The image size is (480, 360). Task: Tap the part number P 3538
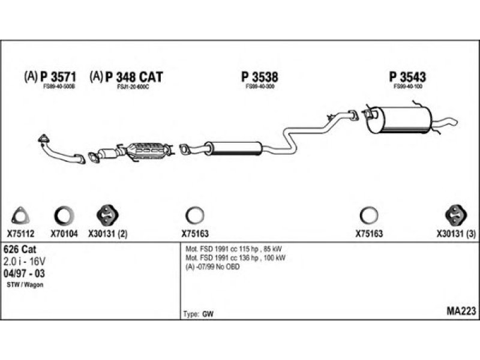coord(260,77)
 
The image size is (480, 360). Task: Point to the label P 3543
coord(407,77)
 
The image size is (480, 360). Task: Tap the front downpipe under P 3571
coord(60,151)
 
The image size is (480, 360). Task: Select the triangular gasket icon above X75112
coord(21,216)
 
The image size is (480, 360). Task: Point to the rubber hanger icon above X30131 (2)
coord(107,215)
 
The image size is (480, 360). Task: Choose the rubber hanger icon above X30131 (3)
coord(457,215)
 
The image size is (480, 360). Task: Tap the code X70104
coord(64,235)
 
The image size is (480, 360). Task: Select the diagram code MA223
coord(461,311)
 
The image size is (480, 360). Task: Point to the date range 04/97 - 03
coord(24,274)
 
